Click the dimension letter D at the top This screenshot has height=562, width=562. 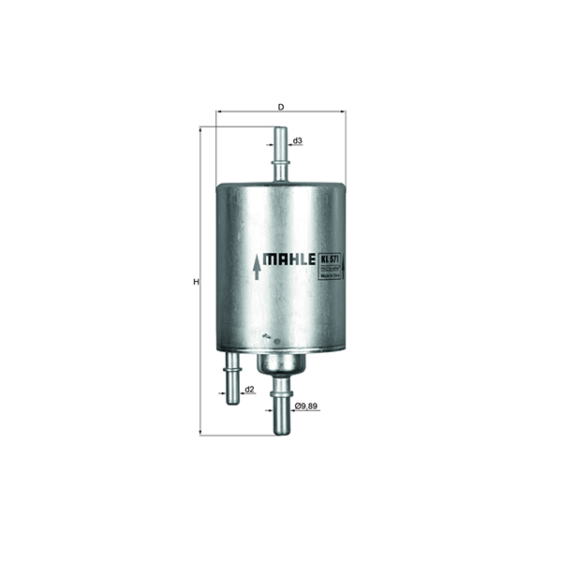coord(280,106)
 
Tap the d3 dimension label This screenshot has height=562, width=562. coord(297,141)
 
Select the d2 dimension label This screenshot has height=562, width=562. coord(249,389)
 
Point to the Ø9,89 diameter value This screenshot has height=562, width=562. coord(306,407)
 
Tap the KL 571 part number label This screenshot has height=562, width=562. coord(329,259)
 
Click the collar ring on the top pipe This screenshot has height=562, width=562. coord(279,164)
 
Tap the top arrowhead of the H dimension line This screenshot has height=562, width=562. coord(201,131)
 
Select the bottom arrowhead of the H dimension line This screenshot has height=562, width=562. coord(201,433)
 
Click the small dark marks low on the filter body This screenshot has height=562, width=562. coord(268,335)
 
